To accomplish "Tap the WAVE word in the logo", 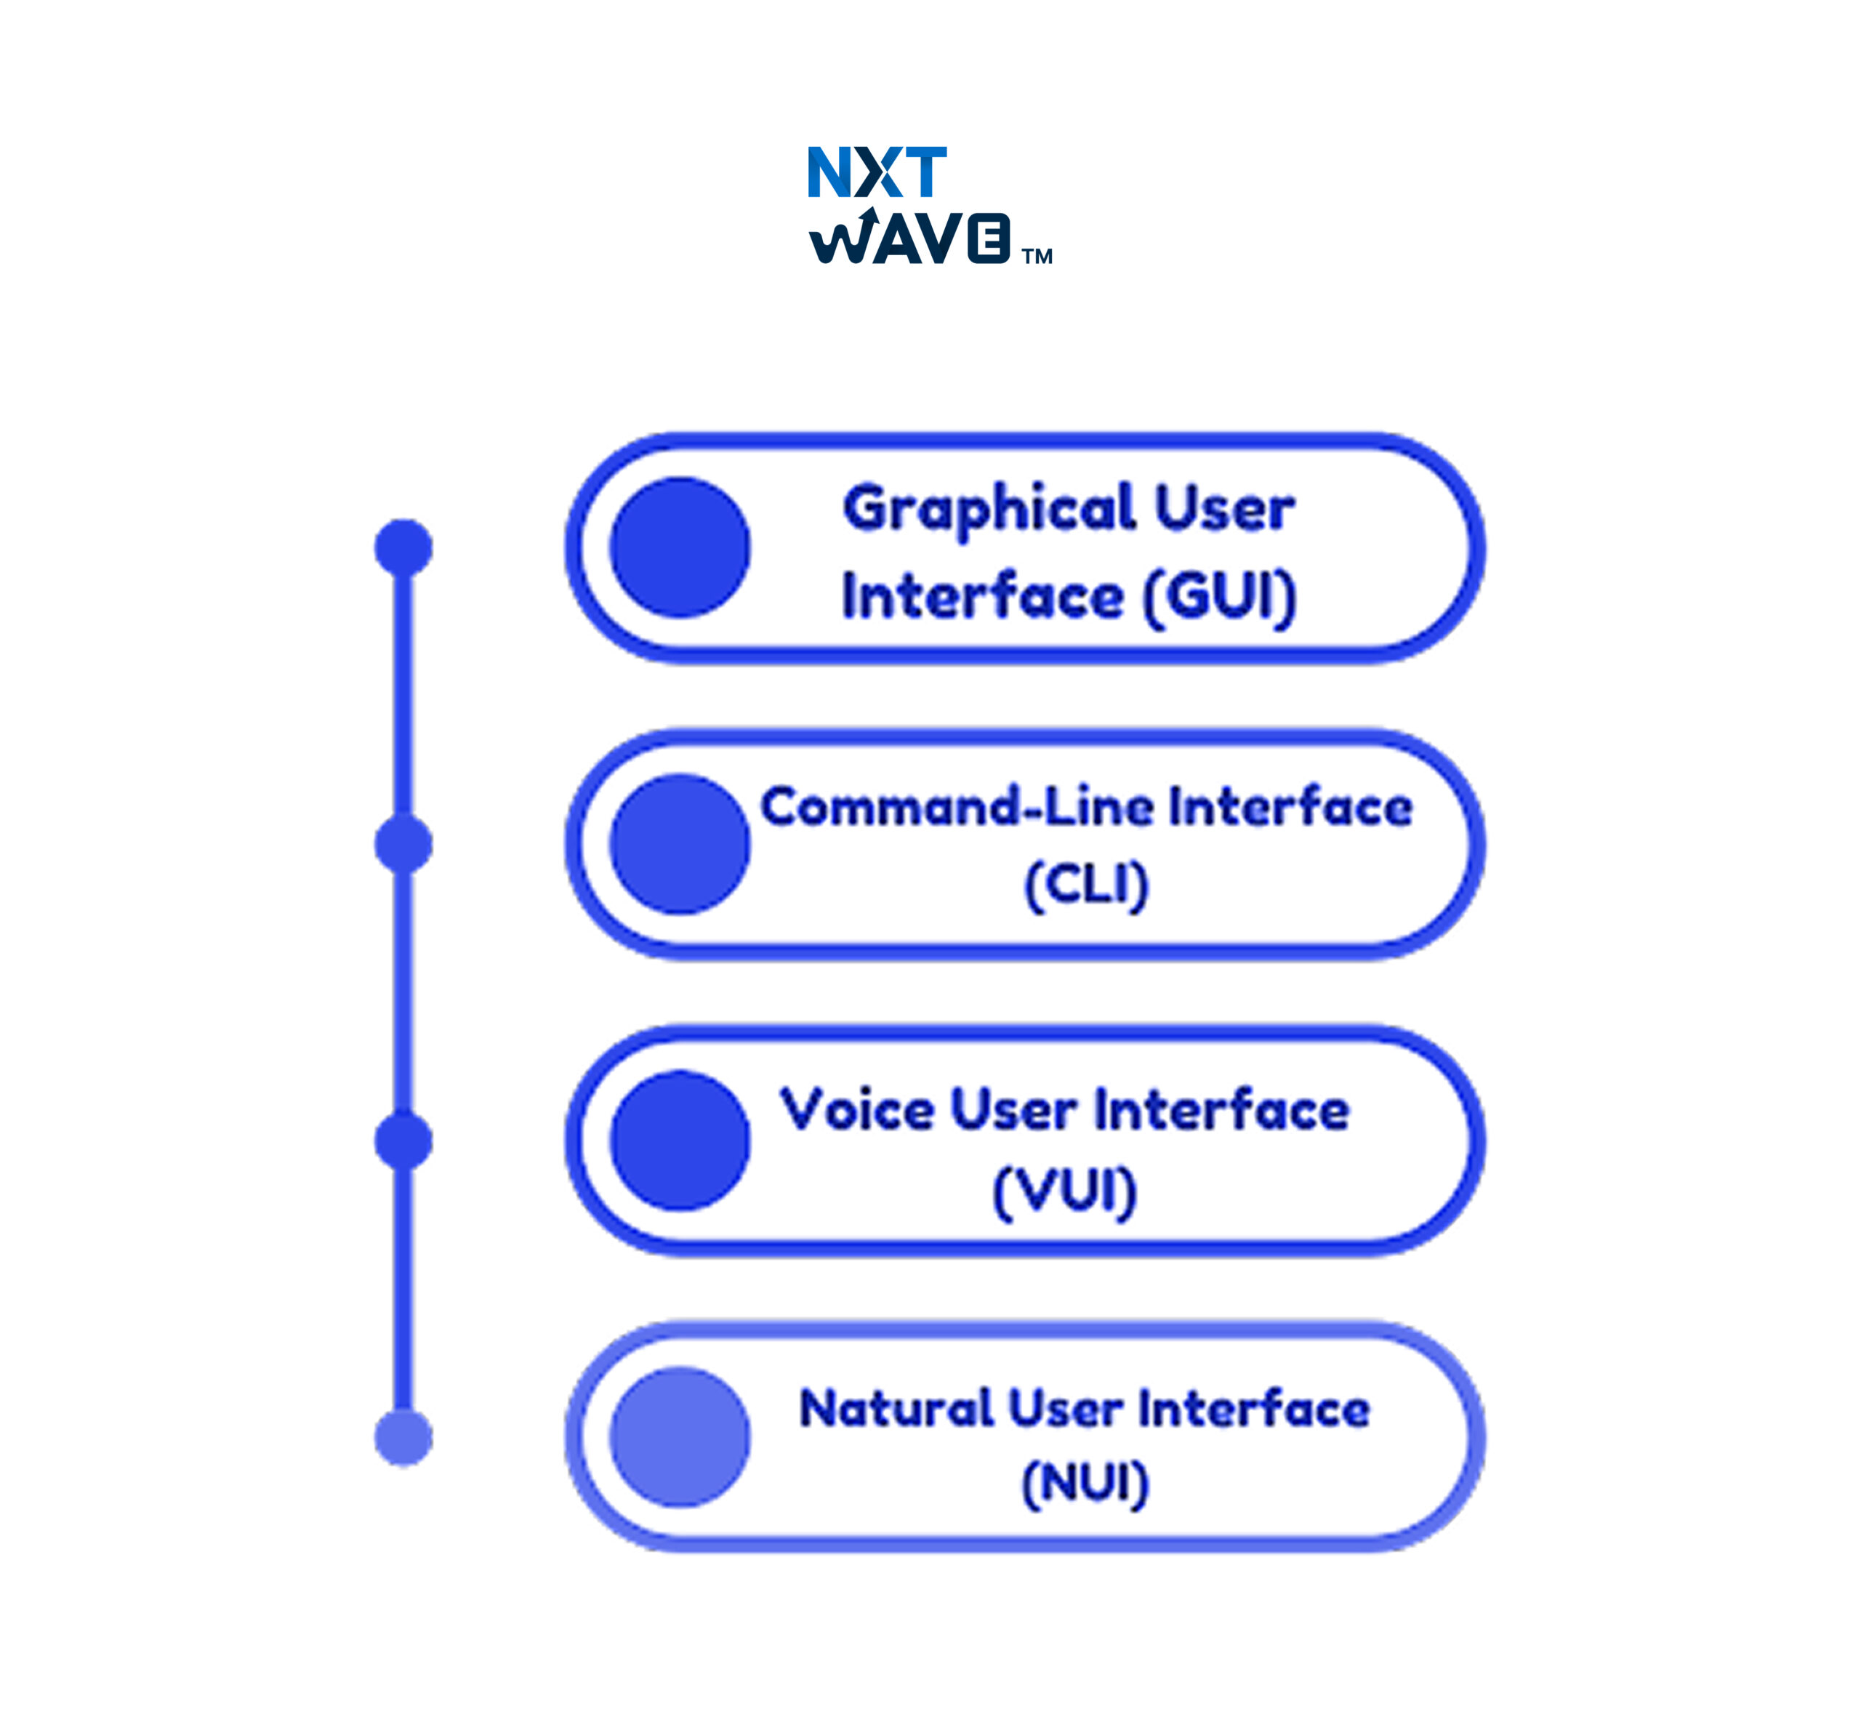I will point(909,238).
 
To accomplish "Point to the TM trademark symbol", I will point(1037,257).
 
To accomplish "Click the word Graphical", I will point(989,510).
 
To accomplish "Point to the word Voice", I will point(856,1109).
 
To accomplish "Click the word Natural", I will point(896,1409).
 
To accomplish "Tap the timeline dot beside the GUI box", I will point(403,547).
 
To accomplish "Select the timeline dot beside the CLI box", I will point(403,844).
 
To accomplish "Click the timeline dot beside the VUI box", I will point(403,1140).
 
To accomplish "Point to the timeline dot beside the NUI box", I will point(403,1437).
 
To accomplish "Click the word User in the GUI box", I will point(1225,510).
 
